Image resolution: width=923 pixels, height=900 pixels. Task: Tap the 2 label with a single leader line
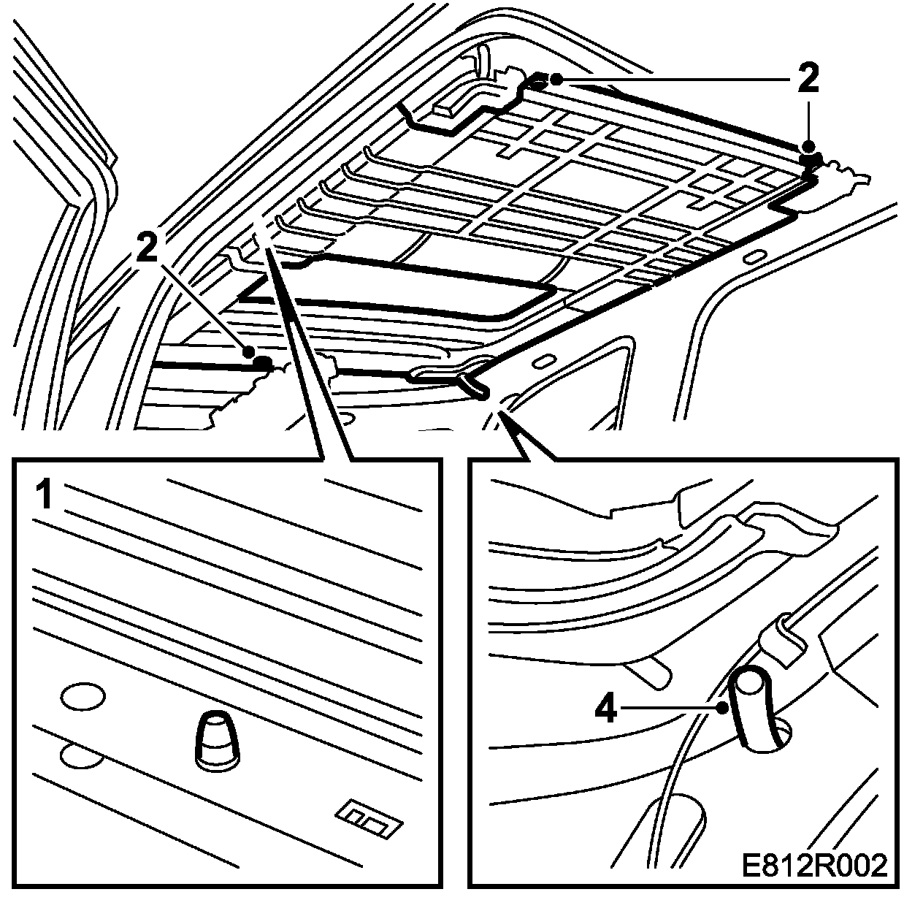point(148,249)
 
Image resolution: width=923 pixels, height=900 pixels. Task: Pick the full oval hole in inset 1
point(83,698)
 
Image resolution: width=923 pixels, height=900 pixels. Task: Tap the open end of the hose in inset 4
point(750,684)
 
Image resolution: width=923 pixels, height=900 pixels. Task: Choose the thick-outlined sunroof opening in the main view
point(398,289)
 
